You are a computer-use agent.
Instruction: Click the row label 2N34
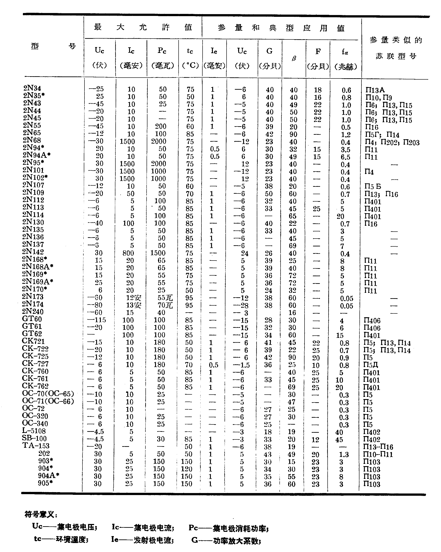click(32, 88)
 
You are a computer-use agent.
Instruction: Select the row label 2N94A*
click(37, 155)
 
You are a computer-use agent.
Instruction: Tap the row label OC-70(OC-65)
click(48, 393)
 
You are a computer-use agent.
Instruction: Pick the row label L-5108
click(34, 431)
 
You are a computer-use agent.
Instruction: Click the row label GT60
click(32, 319)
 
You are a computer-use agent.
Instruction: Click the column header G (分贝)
click(270, 58)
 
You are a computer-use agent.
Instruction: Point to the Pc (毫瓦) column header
click(162, 58)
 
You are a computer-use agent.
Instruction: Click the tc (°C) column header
click(190, 58)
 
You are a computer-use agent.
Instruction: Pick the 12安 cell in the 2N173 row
click(134, 298)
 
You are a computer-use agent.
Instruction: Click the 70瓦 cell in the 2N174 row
click(165, 305)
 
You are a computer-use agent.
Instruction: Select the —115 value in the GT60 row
click(97, 320)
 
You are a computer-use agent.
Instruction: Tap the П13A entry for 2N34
click(375, 90)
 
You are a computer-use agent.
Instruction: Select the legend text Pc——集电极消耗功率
click(228, 528)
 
